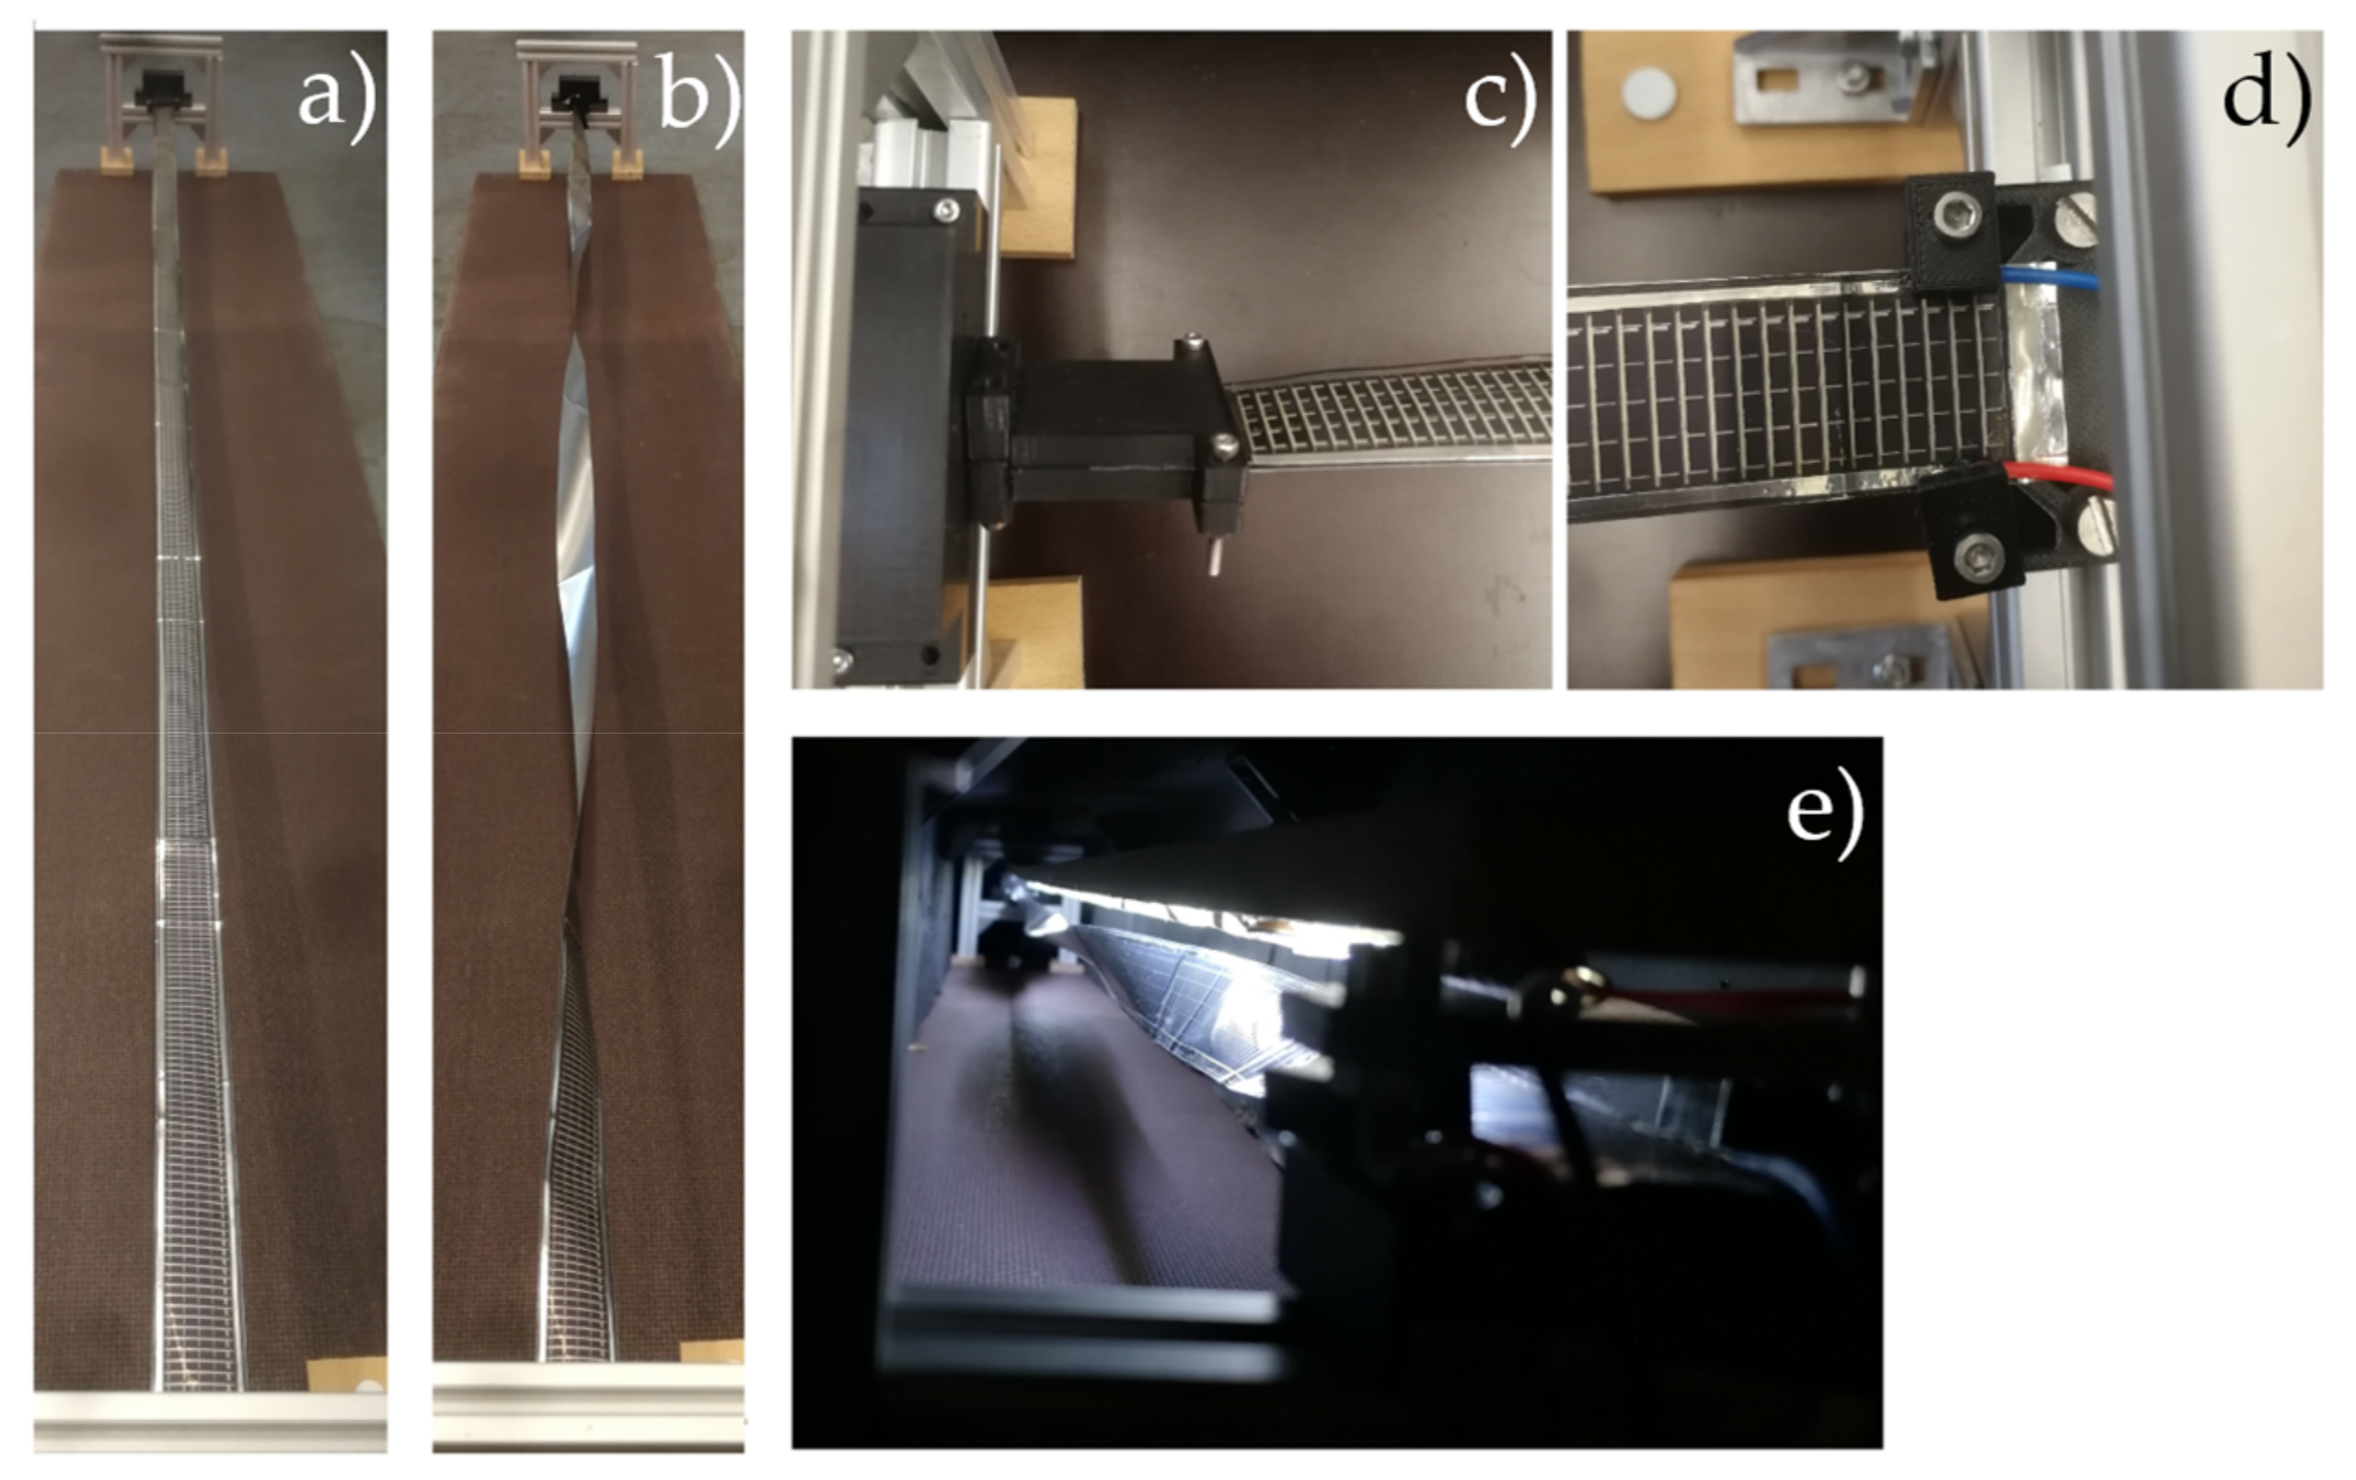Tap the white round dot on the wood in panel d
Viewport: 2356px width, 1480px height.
[x=1648, y=94]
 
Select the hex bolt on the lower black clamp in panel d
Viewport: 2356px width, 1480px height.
[x=1969, y=556]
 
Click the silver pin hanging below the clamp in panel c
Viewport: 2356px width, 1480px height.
[x=1212, y=559]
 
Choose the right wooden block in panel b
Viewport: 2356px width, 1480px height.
[x=626, y=165]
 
